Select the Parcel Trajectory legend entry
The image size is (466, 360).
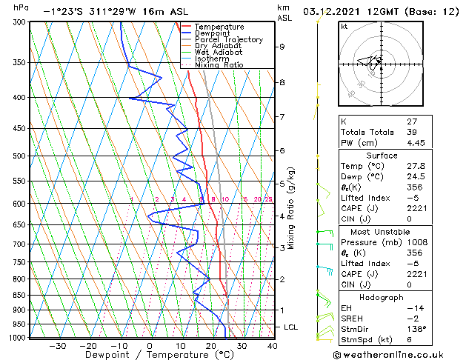(224, 40)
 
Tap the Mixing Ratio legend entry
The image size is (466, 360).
(219, 65)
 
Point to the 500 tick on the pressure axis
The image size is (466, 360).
(19, 156)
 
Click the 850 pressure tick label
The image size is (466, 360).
(19, 295)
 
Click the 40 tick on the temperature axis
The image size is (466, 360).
(273, 346)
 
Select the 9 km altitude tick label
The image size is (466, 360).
(282, 47)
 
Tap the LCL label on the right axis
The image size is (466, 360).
(291, 327)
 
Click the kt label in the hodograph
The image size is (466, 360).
(344, 26)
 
